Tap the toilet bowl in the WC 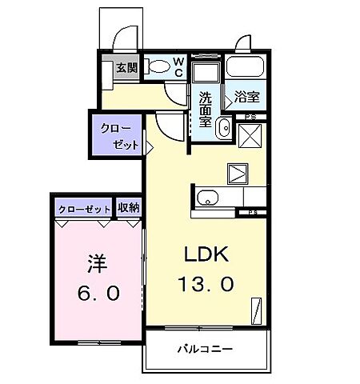pyautogui.click(x=160, y=68)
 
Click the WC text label pyautogui.click(x=179, y=67)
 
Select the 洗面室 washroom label pyautogui.click(x=206, y=111)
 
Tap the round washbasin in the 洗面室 pyautogui.click(x=222, y=129)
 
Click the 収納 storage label pyautogui.click(x=128, y=207)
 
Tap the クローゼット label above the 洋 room pyautogui.click(x=85, y=208)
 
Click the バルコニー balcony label pyautogui.click(x=205, y=350)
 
